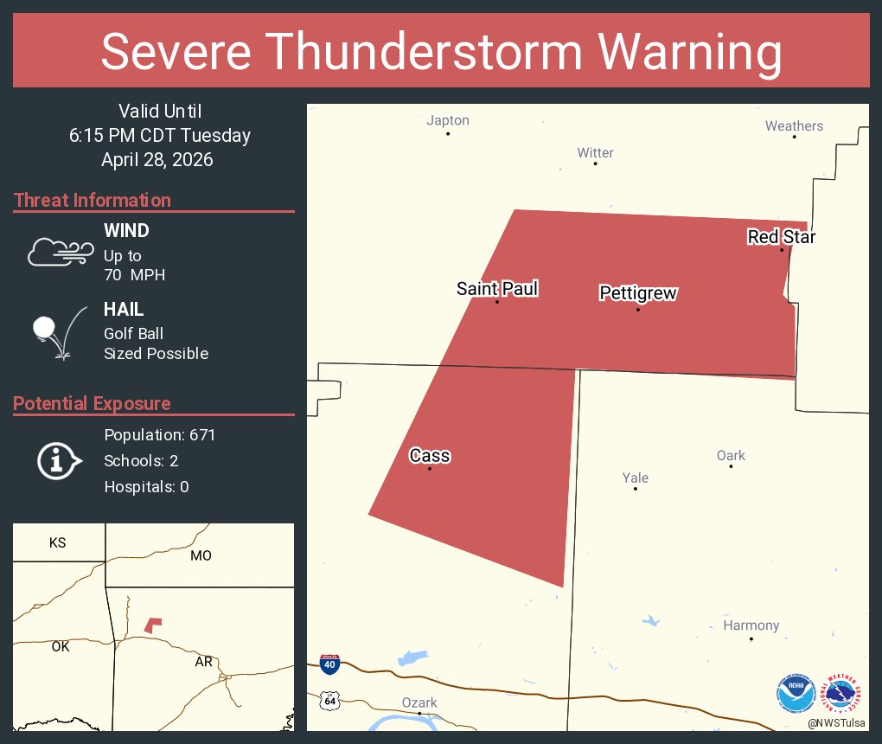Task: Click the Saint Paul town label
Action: point(497,289)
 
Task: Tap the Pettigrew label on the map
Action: point(638,294)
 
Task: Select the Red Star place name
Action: point(782,237)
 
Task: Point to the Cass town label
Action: point(430,456)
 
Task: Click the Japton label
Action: point(448,121)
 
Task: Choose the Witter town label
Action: point(595,153)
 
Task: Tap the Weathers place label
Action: point(794,126)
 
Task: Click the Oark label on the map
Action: point(731,456)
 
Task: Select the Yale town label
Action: point(635,478)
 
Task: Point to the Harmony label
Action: point(751,625)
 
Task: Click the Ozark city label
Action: point(419,702)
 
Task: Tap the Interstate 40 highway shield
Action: point(329,664)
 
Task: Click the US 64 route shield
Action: point(329,701)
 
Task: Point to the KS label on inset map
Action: point(57,543)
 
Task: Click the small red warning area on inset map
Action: point(153,625)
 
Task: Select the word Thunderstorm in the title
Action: point(439,52)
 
